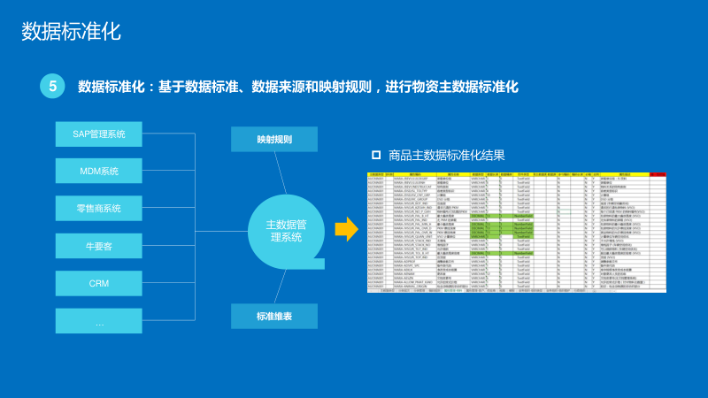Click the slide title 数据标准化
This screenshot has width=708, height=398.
pyautogui.click(x=71, y=32)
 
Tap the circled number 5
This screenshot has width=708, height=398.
pyautogui.click(x=52, y=86)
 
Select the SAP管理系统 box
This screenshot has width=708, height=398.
pyautogui.click(x=99, y=134)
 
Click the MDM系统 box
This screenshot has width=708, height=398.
pyautogui.click(x=99, y=172)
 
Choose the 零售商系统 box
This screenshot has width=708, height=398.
pyautogui.click(x=99, y=209)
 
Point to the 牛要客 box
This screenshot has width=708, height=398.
pyautogui.click(x=99, y=247)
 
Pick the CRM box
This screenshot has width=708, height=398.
pyautogui.click(x=99, y=284)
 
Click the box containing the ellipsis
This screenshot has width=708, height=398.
pyautogui.click(x=99, y=322)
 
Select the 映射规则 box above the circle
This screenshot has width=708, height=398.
pyautogui.click(x=274, y=140)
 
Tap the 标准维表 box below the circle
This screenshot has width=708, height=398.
pyautogui.click(x=274, y=317)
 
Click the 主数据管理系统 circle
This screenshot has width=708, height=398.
pyautogui.click(x=285, y=230)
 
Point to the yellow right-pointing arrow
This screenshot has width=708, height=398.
pyautogui.click(x=345, y=230)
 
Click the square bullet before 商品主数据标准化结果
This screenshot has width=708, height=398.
pyautogui.click(x=376, y=155)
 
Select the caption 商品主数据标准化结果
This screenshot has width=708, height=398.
pyautogui.click(x=446, y=155)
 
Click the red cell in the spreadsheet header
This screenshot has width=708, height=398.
pyautogui.click(x=657, y=175)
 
